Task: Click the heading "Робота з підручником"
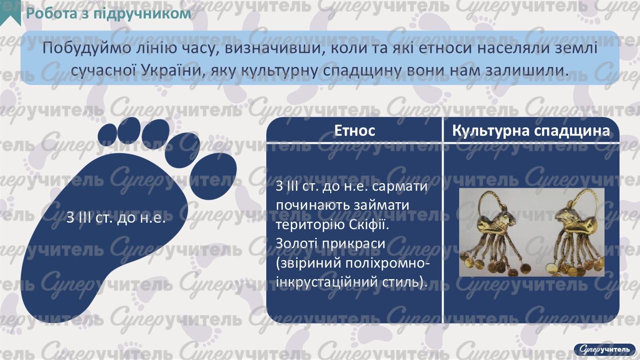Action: tap(108, 13)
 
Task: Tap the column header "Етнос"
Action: tap(354, 131)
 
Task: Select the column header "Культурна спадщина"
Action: tap(531, 131)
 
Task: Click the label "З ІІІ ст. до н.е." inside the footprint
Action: tap(116, 219)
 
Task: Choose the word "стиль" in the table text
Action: tap(400, 282)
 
